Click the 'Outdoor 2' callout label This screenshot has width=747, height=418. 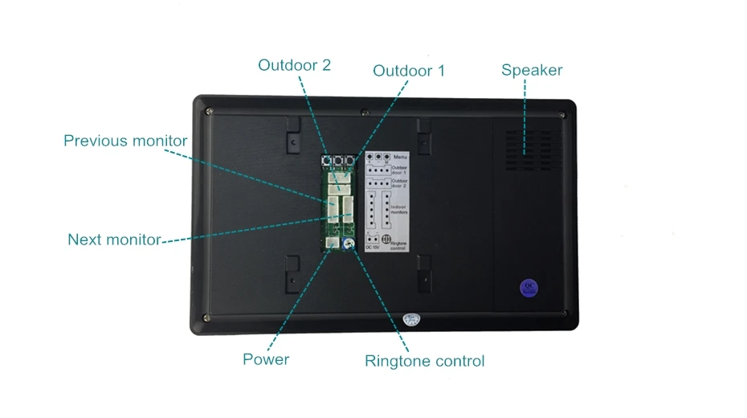[x=294, y=65]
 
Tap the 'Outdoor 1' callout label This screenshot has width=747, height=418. [x=408, y=71]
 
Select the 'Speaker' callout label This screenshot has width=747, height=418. [x=532, y=70]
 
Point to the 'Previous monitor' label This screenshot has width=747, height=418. [x=125, y=141]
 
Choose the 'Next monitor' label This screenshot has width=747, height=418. [x=114, y=239]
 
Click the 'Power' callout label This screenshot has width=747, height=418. [x=266, y=359]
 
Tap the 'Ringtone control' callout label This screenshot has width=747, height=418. [x=425, y=361]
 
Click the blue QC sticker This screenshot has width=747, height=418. [x=529, y=288]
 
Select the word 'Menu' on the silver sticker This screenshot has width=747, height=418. [x=398, y=156]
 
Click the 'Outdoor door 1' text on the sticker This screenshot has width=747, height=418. [x=400, y=170]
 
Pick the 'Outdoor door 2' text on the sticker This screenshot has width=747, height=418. [x=400, y=183]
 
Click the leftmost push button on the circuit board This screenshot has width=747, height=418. [x=328, y=161]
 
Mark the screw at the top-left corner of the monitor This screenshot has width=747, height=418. [x=209, y=111]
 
